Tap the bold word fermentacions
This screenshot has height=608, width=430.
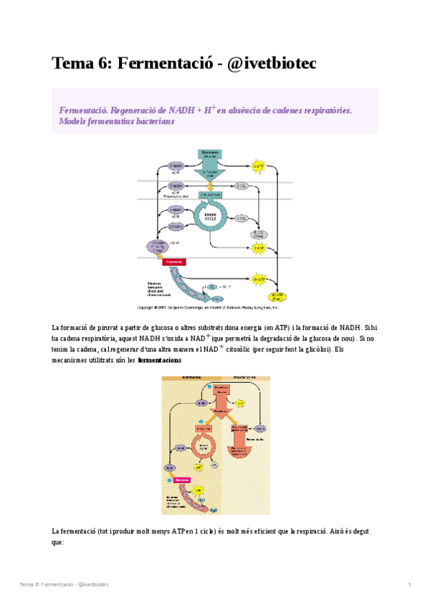click(x=159, y=361)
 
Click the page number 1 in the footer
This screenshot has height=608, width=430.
click(x=409, y=585)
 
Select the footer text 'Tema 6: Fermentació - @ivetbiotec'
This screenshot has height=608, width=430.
click(x=64, y=585)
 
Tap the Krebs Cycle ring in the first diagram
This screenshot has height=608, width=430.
click(x=211, y=222)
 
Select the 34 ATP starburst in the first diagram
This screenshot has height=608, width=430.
click(x=259, y=279)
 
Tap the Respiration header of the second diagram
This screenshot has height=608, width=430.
click(x=191, y=377)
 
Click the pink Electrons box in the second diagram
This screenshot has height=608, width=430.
click(x=183, y=480)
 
